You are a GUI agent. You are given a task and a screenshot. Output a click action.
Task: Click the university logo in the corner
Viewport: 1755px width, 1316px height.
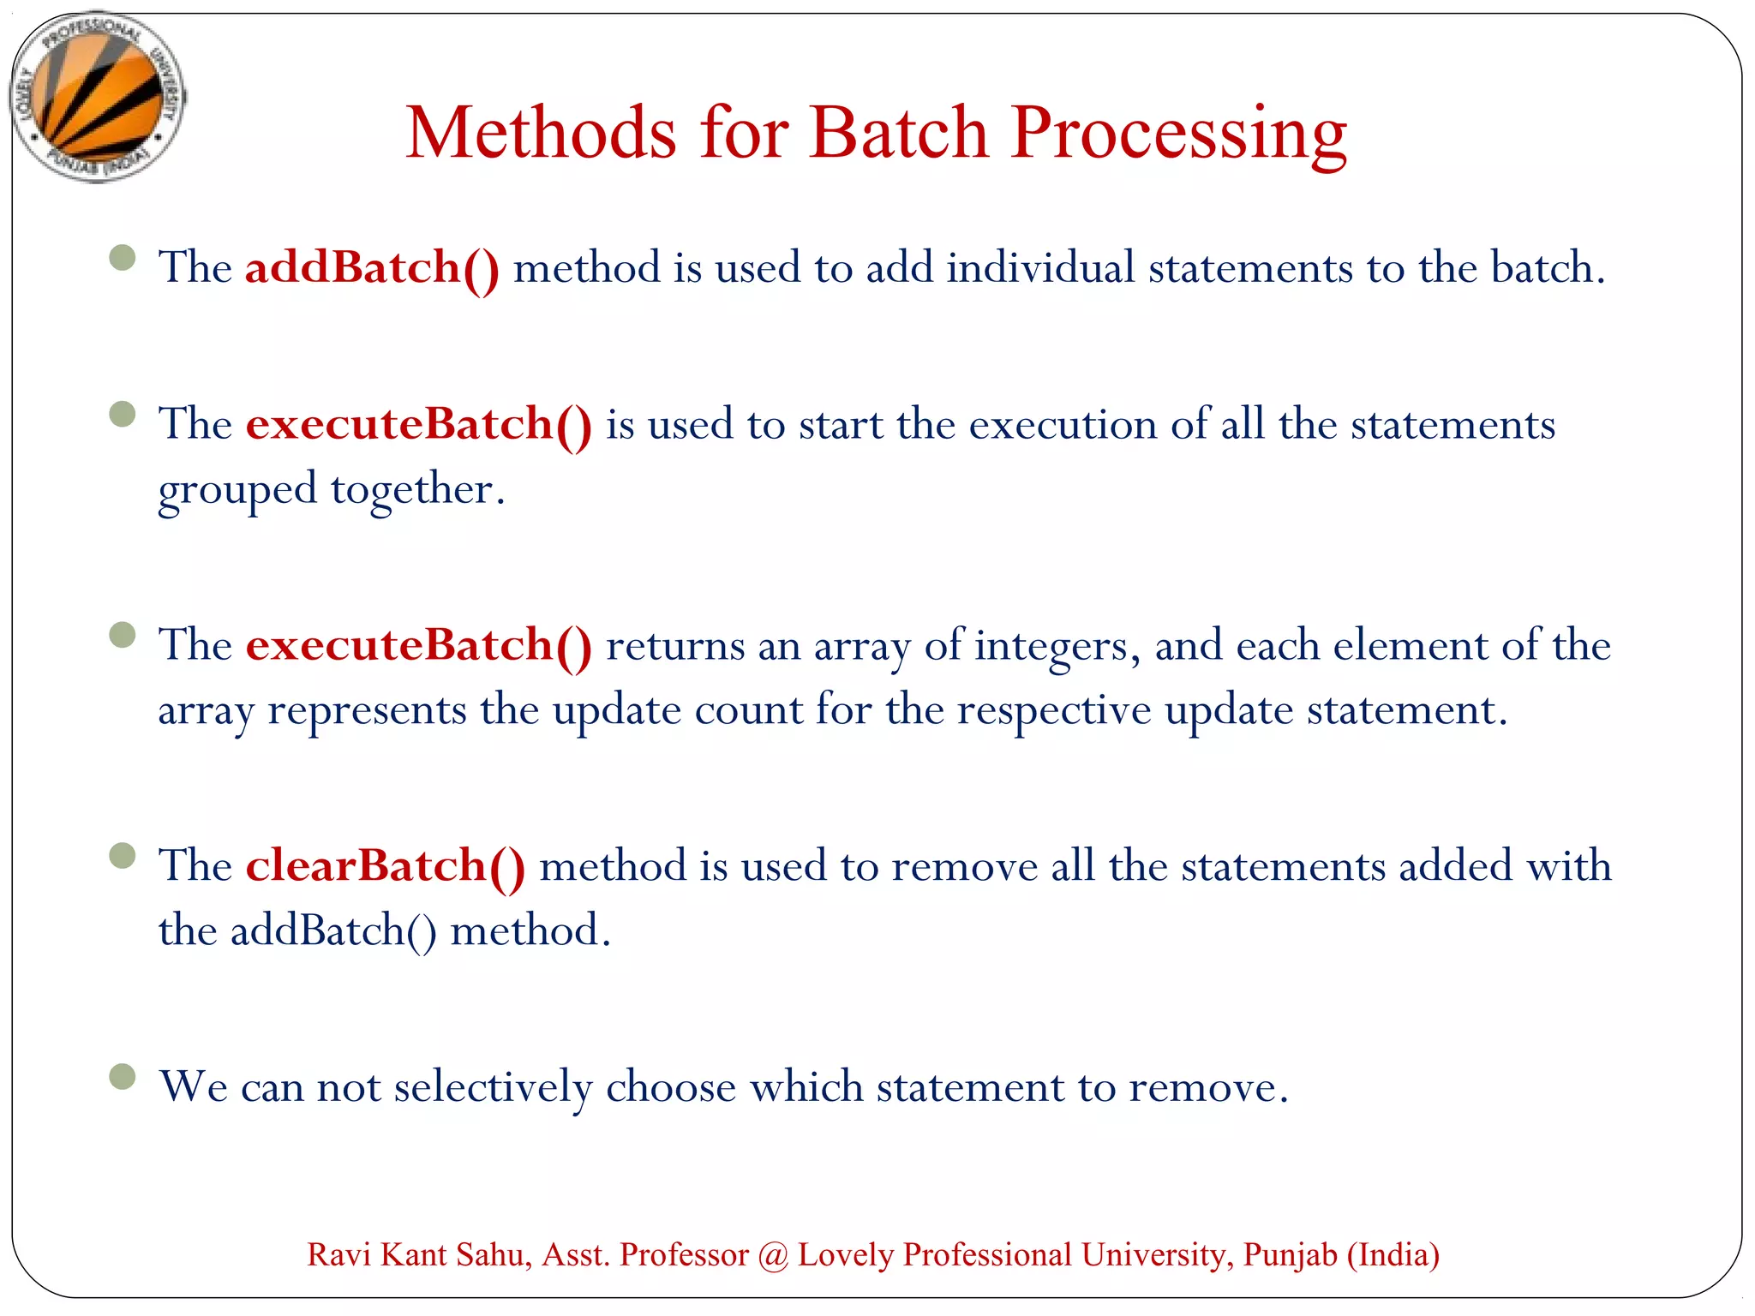point(97,96)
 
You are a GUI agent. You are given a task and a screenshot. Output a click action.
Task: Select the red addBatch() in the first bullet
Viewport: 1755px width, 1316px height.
point(372,267)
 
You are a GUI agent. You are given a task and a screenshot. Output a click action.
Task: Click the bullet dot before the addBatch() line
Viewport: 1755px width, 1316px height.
point(123,257)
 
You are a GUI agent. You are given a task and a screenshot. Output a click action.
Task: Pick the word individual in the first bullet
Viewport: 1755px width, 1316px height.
point(1040,267)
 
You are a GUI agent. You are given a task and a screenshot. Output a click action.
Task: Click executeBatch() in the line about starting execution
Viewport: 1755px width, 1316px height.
point(418,424)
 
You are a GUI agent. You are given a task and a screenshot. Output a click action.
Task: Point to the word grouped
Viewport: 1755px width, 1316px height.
point(237,490)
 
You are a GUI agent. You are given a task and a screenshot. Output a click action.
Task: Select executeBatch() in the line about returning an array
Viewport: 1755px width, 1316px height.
point(418,645)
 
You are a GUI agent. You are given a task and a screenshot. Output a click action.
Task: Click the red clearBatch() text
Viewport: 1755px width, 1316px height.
point(385,865)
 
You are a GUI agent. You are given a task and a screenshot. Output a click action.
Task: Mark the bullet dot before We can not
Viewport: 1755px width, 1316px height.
point(123,1076)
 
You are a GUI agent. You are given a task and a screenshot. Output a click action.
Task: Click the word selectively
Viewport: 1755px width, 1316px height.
point(493,1087)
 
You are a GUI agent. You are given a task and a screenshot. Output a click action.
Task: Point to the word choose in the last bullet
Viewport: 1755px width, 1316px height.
point(670,1087)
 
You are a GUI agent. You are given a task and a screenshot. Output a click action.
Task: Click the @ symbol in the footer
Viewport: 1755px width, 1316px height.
point(773,1255)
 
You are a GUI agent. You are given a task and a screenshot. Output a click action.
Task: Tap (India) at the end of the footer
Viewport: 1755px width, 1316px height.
point(1393,1255)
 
